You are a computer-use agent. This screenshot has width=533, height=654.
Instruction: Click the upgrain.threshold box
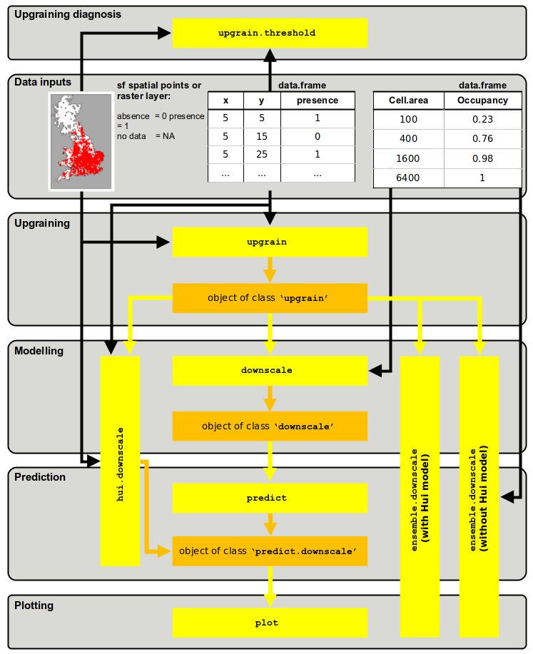click(270, 33)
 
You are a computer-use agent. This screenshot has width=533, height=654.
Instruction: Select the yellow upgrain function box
click(270, 242)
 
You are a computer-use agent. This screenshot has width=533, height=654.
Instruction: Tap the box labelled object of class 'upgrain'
click(270, 297)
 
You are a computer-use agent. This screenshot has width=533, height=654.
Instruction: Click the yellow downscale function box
click(270, 370)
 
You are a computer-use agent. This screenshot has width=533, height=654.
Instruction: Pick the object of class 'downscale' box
click(270, 426)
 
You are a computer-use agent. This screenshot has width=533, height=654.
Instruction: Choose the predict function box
click(270, 497)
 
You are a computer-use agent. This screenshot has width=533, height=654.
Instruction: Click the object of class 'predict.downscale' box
click(270, 551)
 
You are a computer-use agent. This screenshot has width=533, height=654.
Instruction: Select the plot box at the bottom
click(270, 622)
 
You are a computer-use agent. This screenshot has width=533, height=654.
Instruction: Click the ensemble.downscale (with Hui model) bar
click(420, 496)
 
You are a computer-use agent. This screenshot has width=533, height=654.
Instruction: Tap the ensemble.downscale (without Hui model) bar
click(479, 496)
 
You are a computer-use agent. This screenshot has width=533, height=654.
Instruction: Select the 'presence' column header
click(317, 101)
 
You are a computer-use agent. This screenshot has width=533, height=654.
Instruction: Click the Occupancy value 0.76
click(482, 139)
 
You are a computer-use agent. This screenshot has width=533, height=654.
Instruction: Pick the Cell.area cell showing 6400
click(409, 178)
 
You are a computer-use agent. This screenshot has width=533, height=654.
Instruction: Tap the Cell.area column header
click(409, 101)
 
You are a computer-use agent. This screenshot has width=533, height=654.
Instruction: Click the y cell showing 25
click(261, 154)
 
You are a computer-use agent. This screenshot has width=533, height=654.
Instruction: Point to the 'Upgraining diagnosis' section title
click(68, 14)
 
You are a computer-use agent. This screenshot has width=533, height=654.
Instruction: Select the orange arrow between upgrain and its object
click(270, 270)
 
